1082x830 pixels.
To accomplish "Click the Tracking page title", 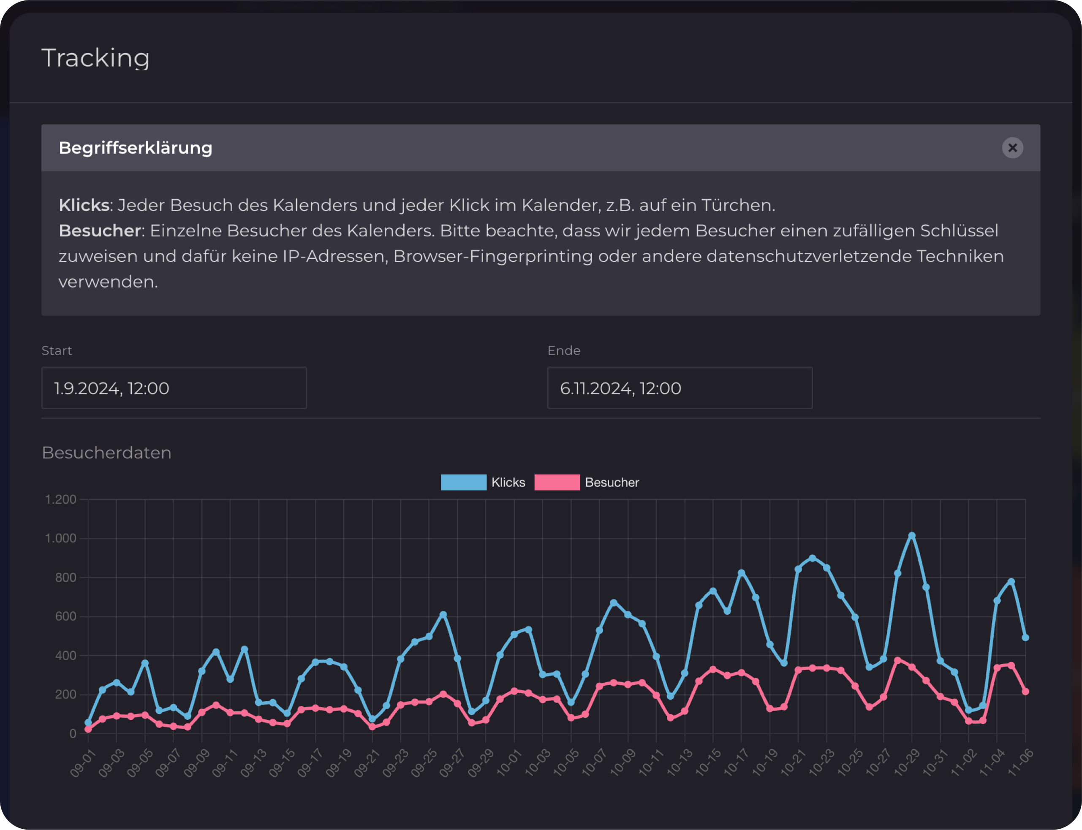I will click(95, 58).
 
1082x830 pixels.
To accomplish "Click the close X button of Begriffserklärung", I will click(1012, 148).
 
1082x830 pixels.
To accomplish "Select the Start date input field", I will click(174, 388).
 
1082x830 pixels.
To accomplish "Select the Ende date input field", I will click(680, 388).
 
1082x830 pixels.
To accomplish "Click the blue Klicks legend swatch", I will click(463, 482).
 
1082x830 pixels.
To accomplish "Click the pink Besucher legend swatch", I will click(557, 482).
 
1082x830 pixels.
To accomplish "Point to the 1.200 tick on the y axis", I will click(61, 499).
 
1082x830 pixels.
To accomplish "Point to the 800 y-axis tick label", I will click(66, 578).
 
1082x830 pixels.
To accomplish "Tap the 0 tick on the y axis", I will click(73, 734).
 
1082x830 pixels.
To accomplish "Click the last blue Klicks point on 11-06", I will click(1025, 638).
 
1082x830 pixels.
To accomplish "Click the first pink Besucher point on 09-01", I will click(88, 729).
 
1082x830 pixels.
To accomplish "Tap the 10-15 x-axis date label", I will click(708, 763).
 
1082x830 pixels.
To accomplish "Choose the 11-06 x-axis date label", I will click(1020, 763).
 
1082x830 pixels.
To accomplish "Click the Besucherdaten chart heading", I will click(106, 453).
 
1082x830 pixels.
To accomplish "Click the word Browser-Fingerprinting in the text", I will click(493, 256).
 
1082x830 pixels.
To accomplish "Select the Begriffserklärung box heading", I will click(136, 148).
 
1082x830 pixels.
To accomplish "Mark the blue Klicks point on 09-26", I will click(443, 615).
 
